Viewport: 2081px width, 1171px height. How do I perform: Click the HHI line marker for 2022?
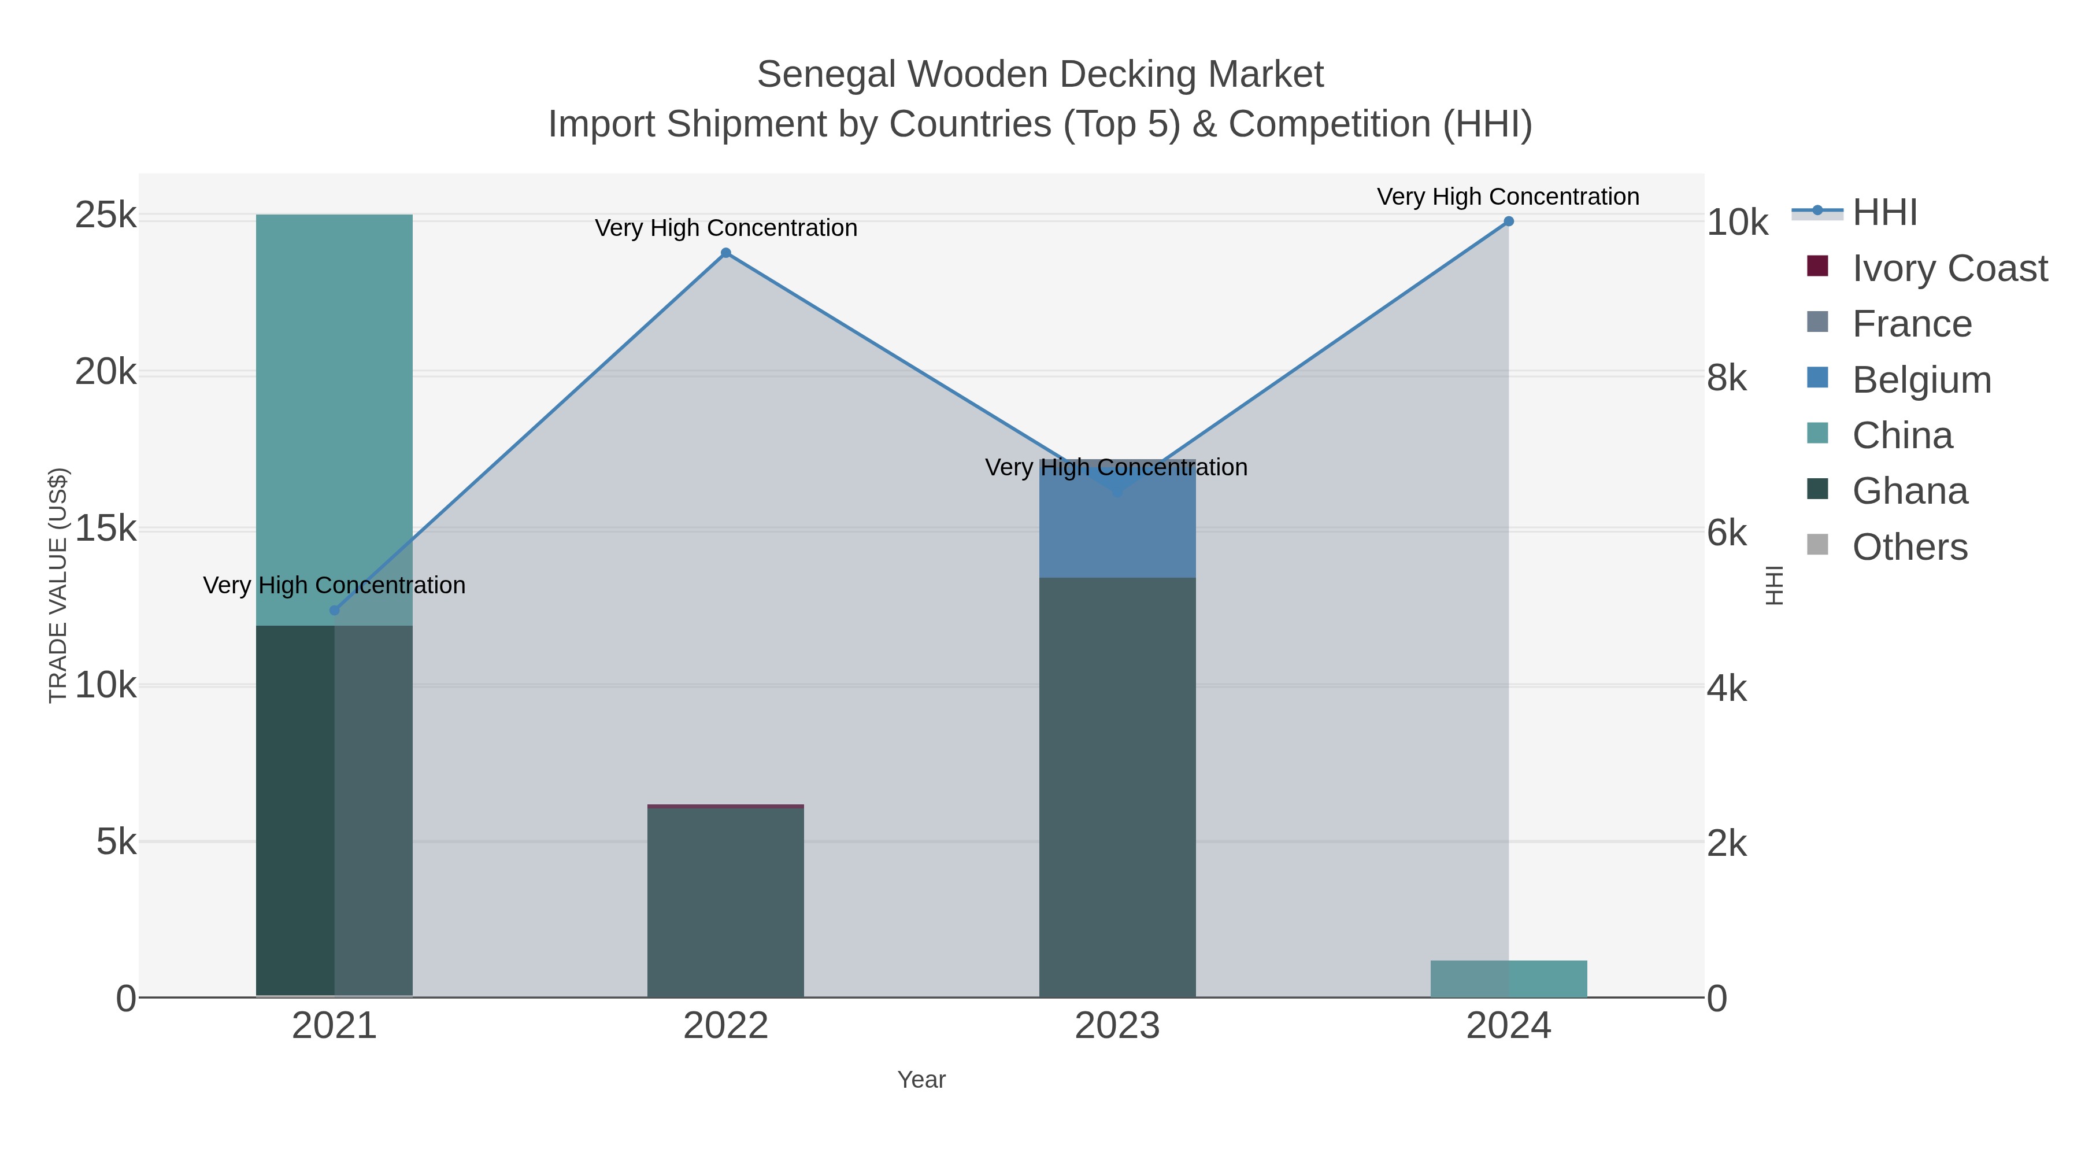pyautogui.click(x=725, y=253)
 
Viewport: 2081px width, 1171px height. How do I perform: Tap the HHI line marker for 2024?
pyautogui.click(x=1508, y=221)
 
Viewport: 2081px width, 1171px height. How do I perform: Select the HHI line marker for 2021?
pyautogui.click(x=335, y=610)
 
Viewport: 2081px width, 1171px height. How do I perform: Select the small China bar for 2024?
pyautogui.click(x=1508, y=978)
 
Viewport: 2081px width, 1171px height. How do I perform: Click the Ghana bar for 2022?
pyautogui.click(x=725, y=901)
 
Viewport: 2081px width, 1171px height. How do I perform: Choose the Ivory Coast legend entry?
pyautogui.click(x=1949, y=268)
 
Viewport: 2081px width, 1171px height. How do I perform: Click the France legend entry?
pyautogui.click(x=1912, y=324)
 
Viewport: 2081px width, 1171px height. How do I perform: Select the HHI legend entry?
pyautogui.click(x=1884, y=213)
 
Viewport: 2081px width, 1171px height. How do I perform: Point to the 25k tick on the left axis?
pyautogui.click(x=105, y=216)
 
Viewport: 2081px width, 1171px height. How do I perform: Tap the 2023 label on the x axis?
pyautogui.click(x=1117, y=1025)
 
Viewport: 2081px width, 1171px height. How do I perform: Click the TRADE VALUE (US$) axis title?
pyautogui.click(x=58, y=585)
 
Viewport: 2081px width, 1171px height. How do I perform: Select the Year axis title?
pyautogui.click(x=921, y=1080)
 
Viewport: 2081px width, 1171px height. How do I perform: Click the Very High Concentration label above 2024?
pyautogui.click(x=1508, y=197)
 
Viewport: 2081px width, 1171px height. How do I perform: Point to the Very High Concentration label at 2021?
pyautogui.click(x=335, y=585)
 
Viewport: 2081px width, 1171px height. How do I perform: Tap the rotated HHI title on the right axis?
pyautogui.click(x=1774, y=585)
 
